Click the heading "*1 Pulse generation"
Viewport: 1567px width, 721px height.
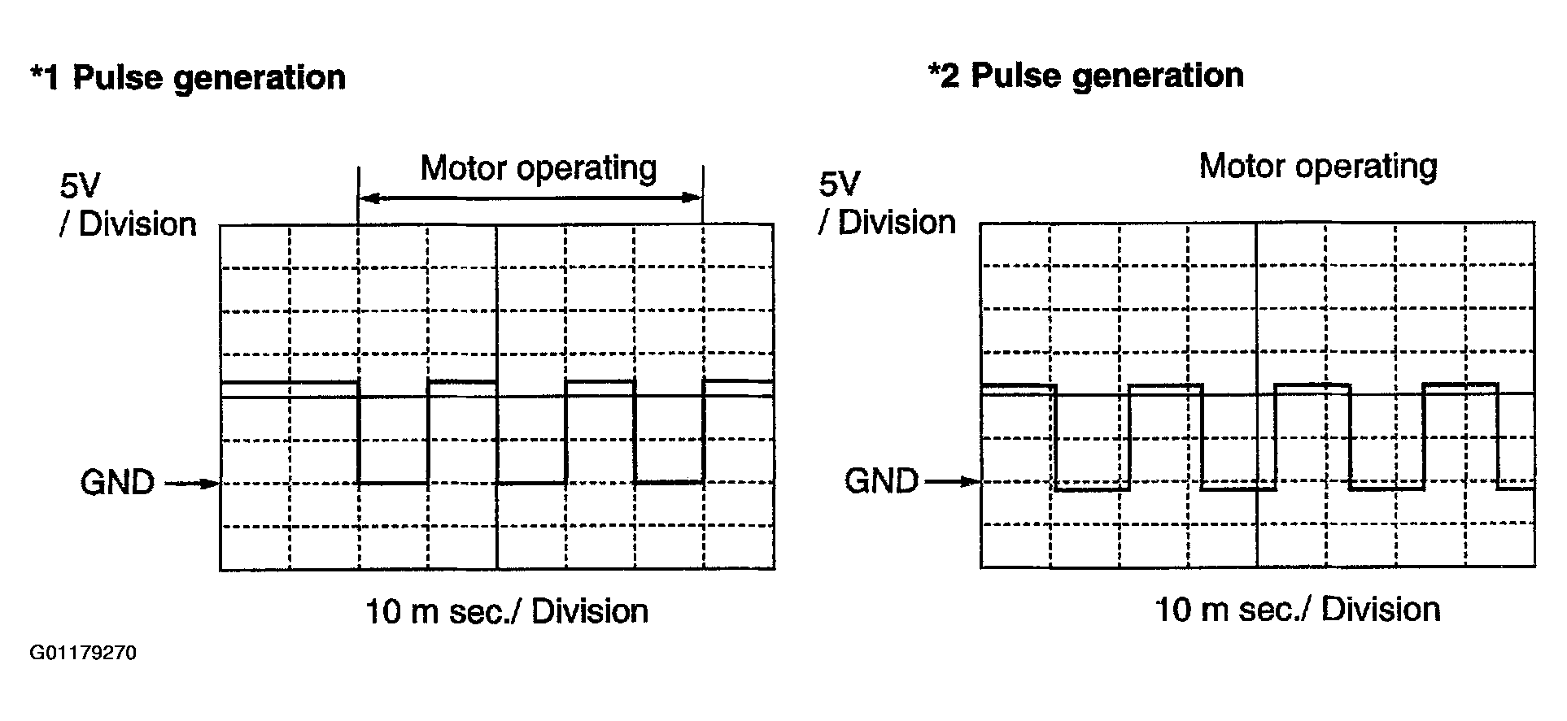pos(188,78)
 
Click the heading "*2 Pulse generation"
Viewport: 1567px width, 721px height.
pos(1085,76)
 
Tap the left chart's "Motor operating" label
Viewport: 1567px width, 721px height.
pos(539,168)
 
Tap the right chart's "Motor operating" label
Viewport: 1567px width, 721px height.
pos(1318,167)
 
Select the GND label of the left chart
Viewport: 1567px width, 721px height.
pos(117,483)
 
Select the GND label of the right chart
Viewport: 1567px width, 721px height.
pos(881,481)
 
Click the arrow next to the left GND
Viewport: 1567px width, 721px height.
pos(193,484)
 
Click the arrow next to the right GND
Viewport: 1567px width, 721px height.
pos(954,481)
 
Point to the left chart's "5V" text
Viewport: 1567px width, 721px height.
pos(79,186)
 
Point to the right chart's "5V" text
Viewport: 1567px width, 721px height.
pos(839,185)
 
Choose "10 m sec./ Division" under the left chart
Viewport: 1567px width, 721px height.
pos(506,612)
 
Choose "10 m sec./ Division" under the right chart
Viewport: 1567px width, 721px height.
pos(1298,610)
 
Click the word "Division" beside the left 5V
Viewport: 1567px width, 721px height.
pos(137,225)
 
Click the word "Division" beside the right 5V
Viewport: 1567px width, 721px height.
pos(897,223)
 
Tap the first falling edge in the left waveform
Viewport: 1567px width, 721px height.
pos(359,431)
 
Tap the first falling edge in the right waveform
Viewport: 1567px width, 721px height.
pos(1055,437)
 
